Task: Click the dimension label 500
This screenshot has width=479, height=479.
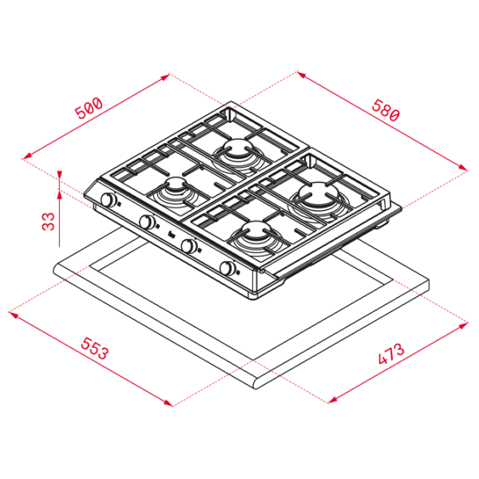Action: click(89, 108)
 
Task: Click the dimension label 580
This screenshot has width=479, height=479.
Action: click(386, 110)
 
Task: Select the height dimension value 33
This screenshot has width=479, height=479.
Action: click(49, 221)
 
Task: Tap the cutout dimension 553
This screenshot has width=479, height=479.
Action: click(94, 348)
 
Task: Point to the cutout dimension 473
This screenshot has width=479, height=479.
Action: click(391, 354)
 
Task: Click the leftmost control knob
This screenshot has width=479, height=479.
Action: click(109, 200)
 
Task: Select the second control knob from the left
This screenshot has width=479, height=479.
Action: click(147, 221)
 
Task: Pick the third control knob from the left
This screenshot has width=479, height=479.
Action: click(188, 245)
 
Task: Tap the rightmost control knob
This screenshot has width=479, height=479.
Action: click(228, 268)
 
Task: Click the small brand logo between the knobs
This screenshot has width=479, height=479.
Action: click(172, 236)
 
